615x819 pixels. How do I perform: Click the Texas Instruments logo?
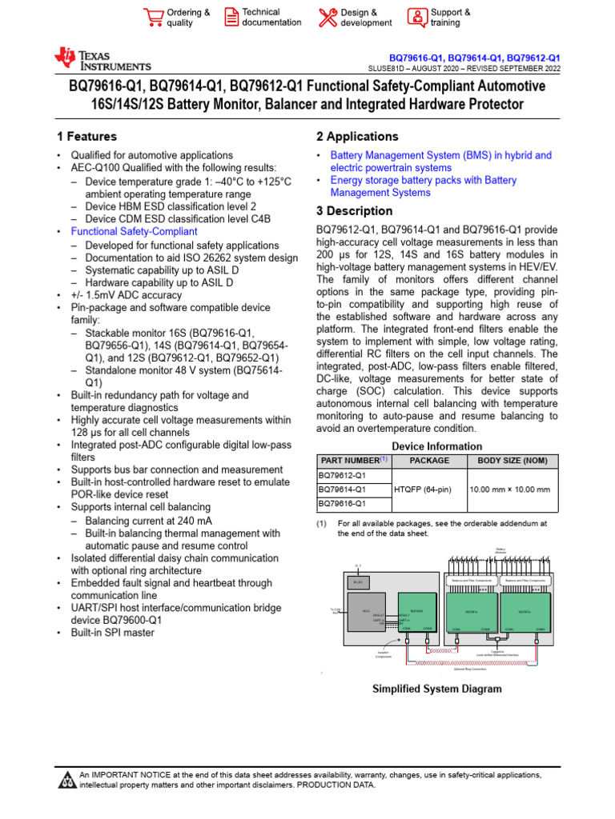[x=102, y=60]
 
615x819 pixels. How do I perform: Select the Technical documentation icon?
[x=231, y=18]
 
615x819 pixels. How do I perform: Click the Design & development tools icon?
[x=328, y=18]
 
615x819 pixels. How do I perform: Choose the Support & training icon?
[x=417, y=18]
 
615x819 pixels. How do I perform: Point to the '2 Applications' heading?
[x=357, y=137]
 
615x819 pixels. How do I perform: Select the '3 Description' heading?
[x=355, y=211]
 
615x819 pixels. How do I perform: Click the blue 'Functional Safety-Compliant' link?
[x=134, y=231]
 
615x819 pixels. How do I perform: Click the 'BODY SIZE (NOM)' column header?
[x=512, y=461]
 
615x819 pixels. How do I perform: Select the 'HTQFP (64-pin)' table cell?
[x=425, y=489]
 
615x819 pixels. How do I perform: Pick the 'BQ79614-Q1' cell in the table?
[x=343, y=489]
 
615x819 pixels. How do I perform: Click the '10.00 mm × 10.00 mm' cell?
[x=510, y=489]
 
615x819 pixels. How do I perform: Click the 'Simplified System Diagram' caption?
[x=438, y=689]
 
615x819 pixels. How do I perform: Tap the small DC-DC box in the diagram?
[x=357, y=583]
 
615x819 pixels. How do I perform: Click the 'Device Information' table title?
[x=437, y=445]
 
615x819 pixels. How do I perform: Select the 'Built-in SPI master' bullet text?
[x=113, y=633]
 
